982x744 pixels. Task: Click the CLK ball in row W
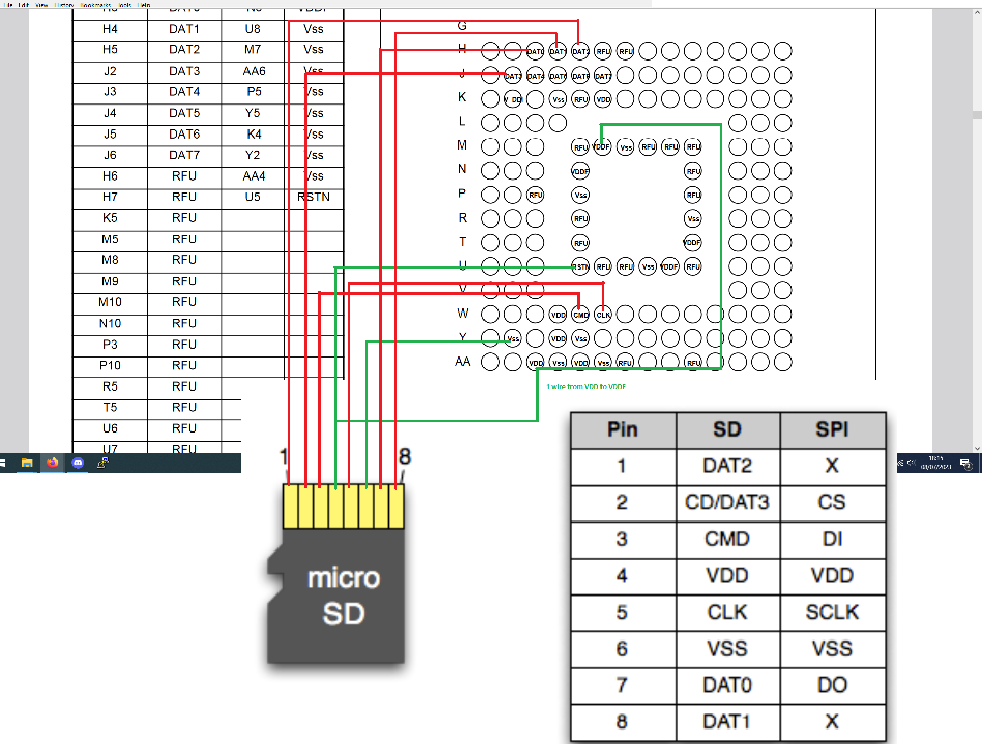click(603, 314)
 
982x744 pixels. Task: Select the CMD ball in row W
click(581, 314)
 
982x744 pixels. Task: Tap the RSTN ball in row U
click(580, 267)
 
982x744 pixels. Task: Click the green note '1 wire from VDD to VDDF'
click(585, 386)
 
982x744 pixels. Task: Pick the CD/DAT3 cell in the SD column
click(727, 502)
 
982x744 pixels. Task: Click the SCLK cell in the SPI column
click(832, 612)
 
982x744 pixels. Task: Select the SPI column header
click(832, 429)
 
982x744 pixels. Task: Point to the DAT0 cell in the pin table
click(727, 685)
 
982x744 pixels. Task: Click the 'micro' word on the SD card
click(344, 578)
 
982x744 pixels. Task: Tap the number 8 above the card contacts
click(405, 457)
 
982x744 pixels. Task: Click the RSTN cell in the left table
click(314, 197)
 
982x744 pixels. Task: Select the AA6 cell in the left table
click(254, 71)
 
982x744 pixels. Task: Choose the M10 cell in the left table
click(110, 302)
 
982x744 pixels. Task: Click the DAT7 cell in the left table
click(184, 155)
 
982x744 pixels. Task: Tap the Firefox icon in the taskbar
click(52, 463)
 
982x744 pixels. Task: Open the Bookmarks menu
click(95, 5)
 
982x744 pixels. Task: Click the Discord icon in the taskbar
click(78, 463)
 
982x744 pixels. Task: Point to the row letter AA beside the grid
click(462, 362)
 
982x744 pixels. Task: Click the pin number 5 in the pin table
click(622, 612)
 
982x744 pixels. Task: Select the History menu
click(64, 5)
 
